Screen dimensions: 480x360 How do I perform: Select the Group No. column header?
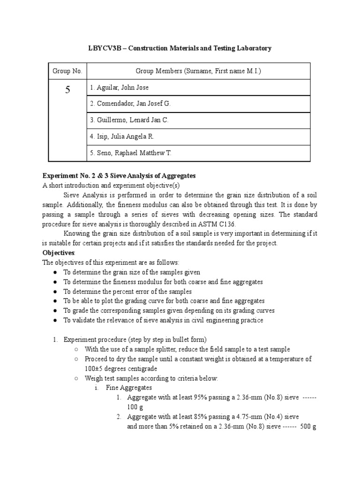click(x=67, y=71)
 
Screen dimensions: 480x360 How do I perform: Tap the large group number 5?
click(x=67, y=90)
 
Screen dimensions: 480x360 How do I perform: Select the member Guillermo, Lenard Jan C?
click(x=129, y=120)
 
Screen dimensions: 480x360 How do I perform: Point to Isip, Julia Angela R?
click(x=122, y=136)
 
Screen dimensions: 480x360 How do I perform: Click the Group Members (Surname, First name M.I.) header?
click(x=198, y=71)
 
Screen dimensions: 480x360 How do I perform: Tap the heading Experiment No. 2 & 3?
click(x=78, y=176)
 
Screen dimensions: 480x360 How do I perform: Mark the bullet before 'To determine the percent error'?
click(x=55, y=292)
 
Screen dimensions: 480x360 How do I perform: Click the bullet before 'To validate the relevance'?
click(x=55, y=320)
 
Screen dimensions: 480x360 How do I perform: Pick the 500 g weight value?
click(x=308, y=427)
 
